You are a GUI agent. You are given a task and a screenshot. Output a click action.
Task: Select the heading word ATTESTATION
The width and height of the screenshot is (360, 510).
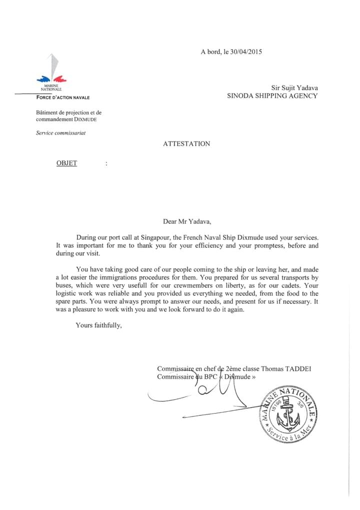pos(186,144)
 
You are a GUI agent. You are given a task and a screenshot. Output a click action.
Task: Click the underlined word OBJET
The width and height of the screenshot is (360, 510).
pos(66,164)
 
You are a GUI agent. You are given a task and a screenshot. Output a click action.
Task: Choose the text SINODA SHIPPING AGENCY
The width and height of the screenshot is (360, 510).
pos(272,96)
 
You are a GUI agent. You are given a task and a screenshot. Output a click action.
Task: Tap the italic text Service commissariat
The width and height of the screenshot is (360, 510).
pos(60,133)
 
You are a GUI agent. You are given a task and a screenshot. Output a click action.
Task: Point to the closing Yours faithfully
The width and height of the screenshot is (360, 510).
pos(98,325)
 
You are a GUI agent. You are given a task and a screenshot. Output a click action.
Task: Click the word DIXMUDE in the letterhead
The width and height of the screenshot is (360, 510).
pos(85,120)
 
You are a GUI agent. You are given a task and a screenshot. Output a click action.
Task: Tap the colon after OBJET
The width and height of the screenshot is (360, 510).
pos(106,164)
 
